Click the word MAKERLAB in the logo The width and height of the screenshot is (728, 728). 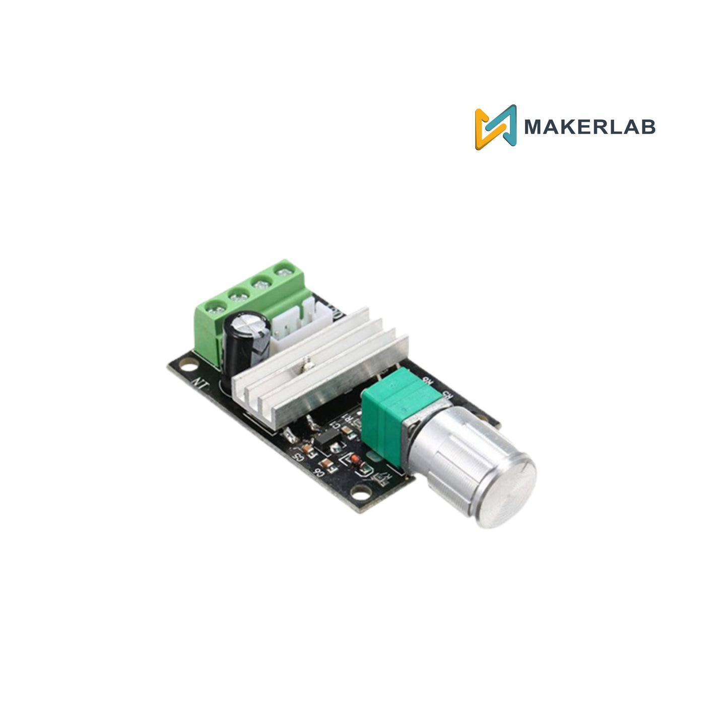(x=589, y=127)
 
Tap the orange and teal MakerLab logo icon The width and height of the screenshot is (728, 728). (x=496, y=127)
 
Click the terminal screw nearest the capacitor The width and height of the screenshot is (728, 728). (x=216, y=306)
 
